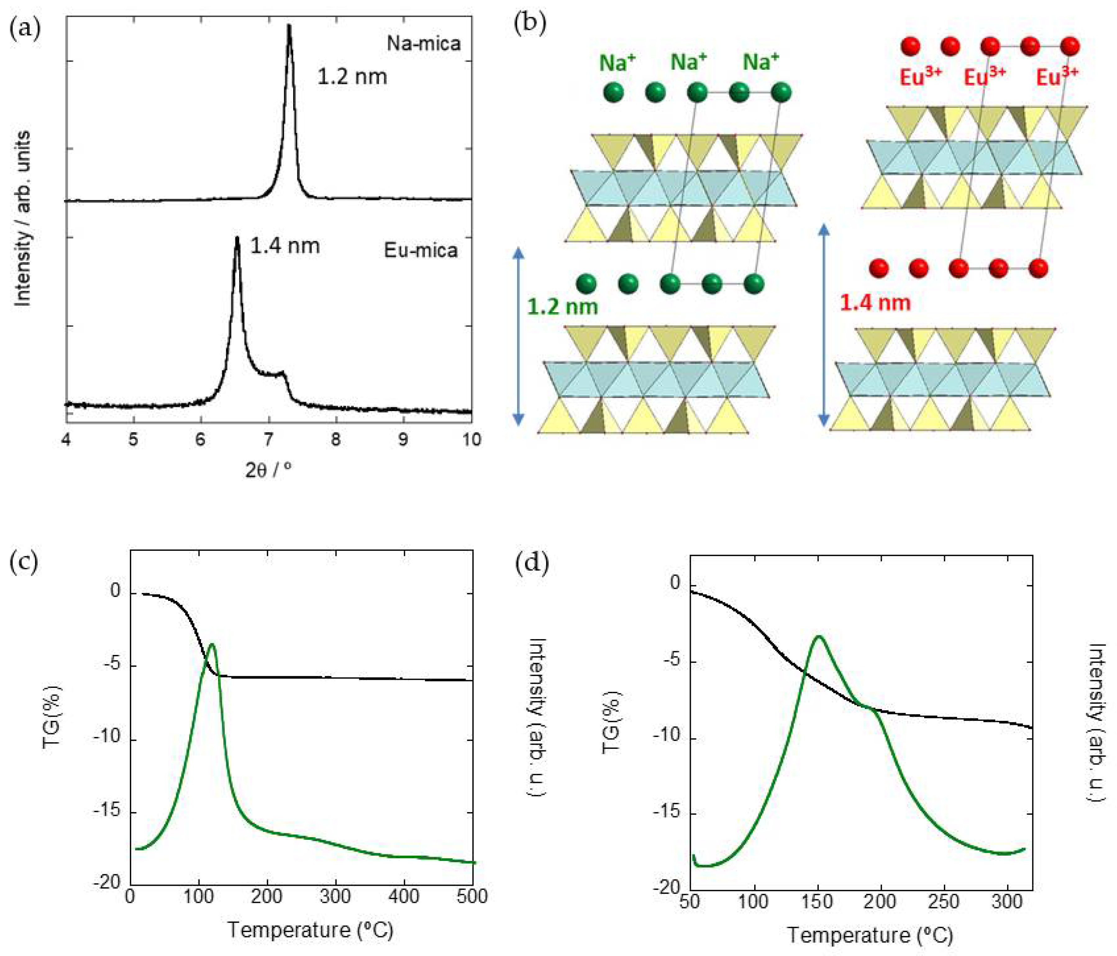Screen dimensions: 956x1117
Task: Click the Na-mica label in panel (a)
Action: [x=424, y=43]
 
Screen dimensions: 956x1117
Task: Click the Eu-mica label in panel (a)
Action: [x=421, y=250]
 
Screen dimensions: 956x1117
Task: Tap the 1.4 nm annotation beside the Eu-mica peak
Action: [x=285, y=246]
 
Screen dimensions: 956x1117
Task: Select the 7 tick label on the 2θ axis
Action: [x=268, y=439]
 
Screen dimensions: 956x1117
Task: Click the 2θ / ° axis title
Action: [x=268, y=470]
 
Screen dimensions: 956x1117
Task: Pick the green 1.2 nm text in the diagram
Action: [x=562, y=307]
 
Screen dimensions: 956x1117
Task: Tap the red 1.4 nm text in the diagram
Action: [x=875, y=303]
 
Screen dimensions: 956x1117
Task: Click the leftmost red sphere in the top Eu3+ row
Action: [x=910, y=46]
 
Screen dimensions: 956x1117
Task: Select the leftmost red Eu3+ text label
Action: [x=920, y=77]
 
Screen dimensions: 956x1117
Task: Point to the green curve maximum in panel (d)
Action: [x=819, y=637]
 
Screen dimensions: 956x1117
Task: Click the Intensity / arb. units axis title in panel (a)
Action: [x=23, y=218]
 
